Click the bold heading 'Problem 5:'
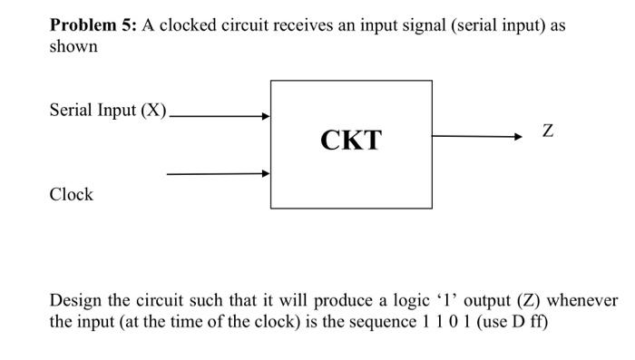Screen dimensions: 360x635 [91, 25]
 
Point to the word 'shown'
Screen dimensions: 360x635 [73, 45]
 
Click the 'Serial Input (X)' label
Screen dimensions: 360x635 [108, 112]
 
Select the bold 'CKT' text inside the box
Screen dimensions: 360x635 [351, 141]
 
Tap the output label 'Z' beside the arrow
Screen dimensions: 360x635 [546, 132]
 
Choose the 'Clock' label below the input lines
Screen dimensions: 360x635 [71, 194]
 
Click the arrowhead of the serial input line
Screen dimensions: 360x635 [267, 116]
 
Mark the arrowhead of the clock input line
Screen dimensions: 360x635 [267, 173]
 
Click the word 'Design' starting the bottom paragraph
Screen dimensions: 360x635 [75, 300]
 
